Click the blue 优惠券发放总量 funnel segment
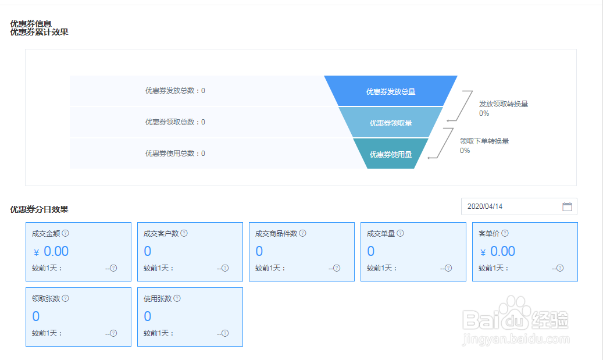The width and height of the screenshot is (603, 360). pos(391,91)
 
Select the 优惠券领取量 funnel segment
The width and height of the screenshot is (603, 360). pos(391,122)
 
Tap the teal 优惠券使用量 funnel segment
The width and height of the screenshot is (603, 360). pos(391,154)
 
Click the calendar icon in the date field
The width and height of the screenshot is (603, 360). pos(567,206)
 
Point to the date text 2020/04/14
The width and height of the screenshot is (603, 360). pos(485,206)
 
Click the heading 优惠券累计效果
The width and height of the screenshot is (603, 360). pos(39,33)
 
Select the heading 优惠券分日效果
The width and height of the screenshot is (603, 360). pos(39,209)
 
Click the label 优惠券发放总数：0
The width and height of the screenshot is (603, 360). pos(175,91)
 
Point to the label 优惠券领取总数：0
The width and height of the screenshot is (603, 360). pos(175,122)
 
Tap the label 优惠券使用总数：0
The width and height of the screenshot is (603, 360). pos(175,154)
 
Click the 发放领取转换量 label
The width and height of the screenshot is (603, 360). pos(504,104)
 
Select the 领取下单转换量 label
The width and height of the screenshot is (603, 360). pos(484,141)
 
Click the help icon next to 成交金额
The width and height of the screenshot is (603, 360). pos(65,233)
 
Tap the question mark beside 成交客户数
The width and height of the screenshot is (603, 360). pos(184,233)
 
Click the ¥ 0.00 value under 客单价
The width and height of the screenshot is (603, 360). pos(498,252)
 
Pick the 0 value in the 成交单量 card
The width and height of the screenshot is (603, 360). pos(371,252)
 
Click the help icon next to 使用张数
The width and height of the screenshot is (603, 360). pos(177,298)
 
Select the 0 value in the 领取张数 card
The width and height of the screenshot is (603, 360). pos(36,316)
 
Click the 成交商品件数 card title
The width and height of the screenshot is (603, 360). pos(276,233)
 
